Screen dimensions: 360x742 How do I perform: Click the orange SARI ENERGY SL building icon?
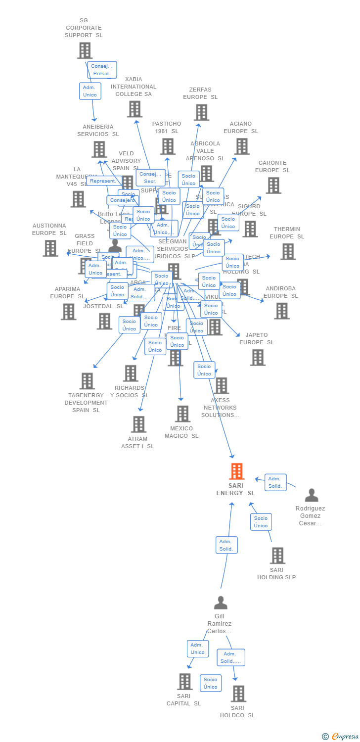pos(237,471)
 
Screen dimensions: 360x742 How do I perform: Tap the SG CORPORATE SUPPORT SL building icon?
pos(85,50)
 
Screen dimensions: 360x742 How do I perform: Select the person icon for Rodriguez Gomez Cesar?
pos(312,495)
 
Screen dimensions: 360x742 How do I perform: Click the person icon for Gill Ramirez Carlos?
pos(221,603)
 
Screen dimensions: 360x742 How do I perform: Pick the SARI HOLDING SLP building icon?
pos(277,556)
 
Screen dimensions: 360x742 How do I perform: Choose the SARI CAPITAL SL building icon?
pos(184,682)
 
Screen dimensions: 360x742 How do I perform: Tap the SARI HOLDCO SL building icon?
pos(238,694)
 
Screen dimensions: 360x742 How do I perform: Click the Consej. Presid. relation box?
pos(102,70)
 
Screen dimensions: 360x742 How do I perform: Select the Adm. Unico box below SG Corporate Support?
pos(90,91)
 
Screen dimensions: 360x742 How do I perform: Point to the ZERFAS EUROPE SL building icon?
pos(201,112)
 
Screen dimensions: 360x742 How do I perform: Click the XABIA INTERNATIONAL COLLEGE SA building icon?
pos(135,109)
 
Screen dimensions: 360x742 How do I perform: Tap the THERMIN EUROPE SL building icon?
pos(287,251)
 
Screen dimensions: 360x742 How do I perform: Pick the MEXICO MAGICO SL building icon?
pos(182,414)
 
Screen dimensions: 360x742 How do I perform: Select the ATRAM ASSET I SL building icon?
pos(138,424)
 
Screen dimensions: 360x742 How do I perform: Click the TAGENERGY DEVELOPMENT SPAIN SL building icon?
pos(87,381)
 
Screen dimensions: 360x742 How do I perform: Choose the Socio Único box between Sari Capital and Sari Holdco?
pos(211,683)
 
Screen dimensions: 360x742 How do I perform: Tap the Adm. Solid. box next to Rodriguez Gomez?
pos(275,482)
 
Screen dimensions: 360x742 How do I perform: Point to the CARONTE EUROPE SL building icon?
pos(273,185)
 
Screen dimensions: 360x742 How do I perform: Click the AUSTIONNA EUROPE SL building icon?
pos(50,248)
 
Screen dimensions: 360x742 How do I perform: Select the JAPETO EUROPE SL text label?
pos(256,338)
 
